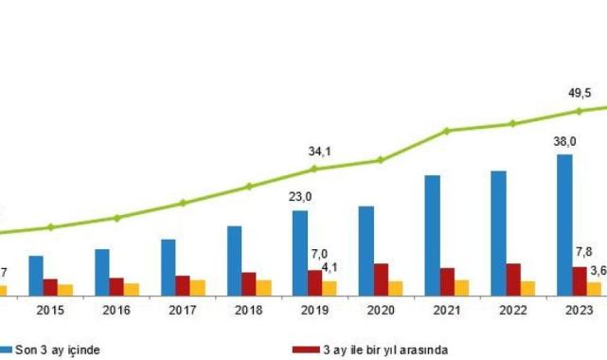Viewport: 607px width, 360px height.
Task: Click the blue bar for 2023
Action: click(x=564, y=225)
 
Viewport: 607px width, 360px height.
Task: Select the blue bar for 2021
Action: click(x=432, y=236)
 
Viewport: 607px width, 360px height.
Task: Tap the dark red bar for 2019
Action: click(x=314, y=283)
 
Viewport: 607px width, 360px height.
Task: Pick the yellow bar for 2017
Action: click(x=197, y=288)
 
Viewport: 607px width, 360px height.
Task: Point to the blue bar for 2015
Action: click(x=36, y=276)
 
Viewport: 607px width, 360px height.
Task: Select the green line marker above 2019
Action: click(x=314, y=170)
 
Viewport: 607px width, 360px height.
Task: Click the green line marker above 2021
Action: click(x=447, y=131)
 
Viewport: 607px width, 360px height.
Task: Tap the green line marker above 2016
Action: click(x=116, y=218)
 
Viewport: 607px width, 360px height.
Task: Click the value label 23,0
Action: click(x=301, y=197)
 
